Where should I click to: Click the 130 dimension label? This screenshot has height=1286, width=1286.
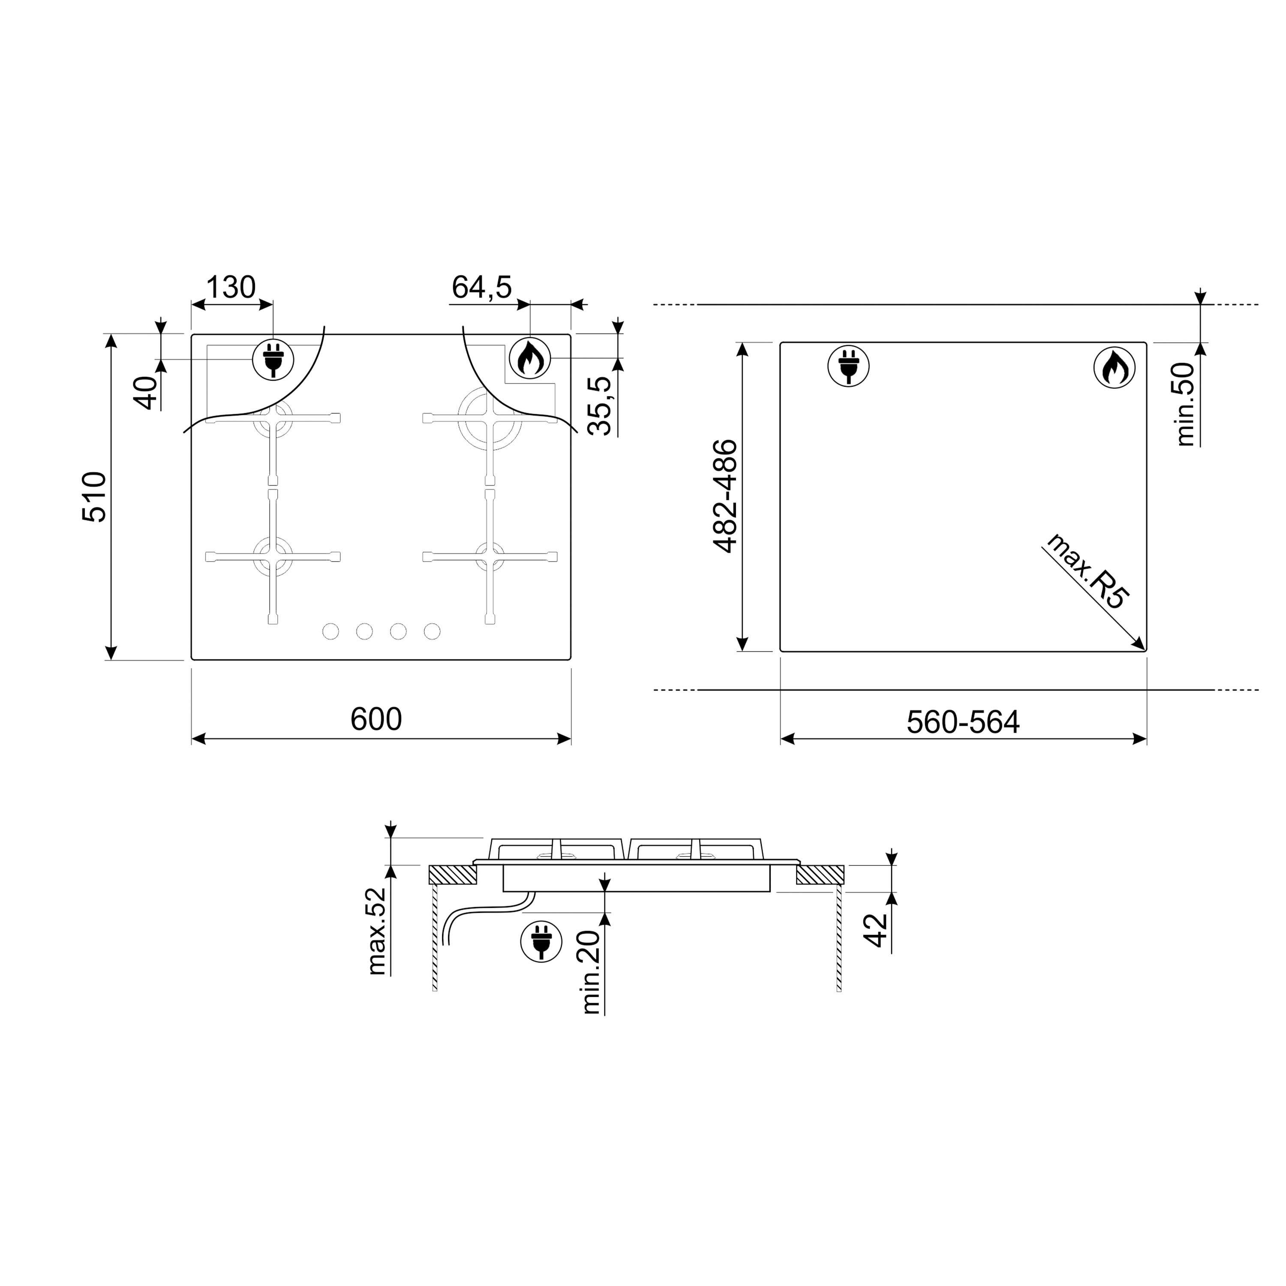point(230,288)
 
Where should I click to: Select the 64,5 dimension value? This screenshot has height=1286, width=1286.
point(481,288)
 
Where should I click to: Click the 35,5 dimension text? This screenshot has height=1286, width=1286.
point(601,406)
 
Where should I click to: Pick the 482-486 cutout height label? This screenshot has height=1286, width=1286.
point(726,496)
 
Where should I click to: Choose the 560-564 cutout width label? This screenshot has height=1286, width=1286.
point(963,722)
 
